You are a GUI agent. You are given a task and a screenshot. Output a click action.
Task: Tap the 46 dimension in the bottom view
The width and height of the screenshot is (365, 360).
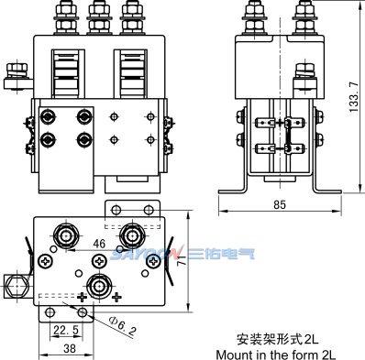(98, 243)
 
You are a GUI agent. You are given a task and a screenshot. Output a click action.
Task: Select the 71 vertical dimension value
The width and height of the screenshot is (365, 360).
(180, 260)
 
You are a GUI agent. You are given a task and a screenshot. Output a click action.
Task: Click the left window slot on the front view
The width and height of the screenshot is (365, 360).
(70, 68)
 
